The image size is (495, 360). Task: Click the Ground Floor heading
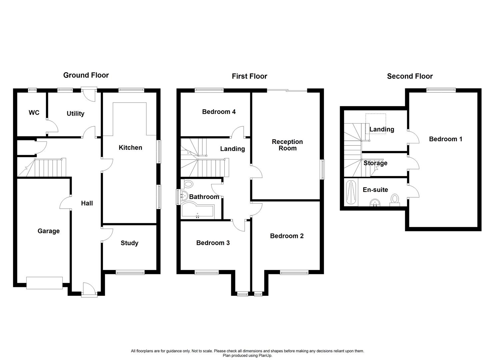[x=86, y=75]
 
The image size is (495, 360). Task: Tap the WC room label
[x=34, y=113]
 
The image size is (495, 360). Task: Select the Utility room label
[x=75, y=114]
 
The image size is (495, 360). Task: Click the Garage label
[x=49, y=231]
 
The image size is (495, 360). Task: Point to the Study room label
[x=129, y=243]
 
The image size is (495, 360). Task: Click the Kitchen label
[x=130, y=148]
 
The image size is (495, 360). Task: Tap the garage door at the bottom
[x=44, y=283]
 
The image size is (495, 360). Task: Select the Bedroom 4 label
[x=219, y=112]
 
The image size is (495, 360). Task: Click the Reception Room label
[x=287, y=145]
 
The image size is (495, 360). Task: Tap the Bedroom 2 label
[x=287, y=236]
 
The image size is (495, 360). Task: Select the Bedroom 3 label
[x=213, y=243]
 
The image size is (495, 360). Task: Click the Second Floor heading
[x=410, y=76]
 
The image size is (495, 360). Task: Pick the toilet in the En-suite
[x=395, y=200]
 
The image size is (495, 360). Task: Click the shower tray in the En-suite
[x=351, y=192]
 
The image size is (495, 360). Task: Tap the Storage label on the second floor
[x=375, y=163]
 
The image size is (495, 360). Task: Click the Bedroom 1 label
[x=445, y=139]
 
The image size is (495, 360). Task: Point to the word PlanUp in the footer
[x=266, y=356]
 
